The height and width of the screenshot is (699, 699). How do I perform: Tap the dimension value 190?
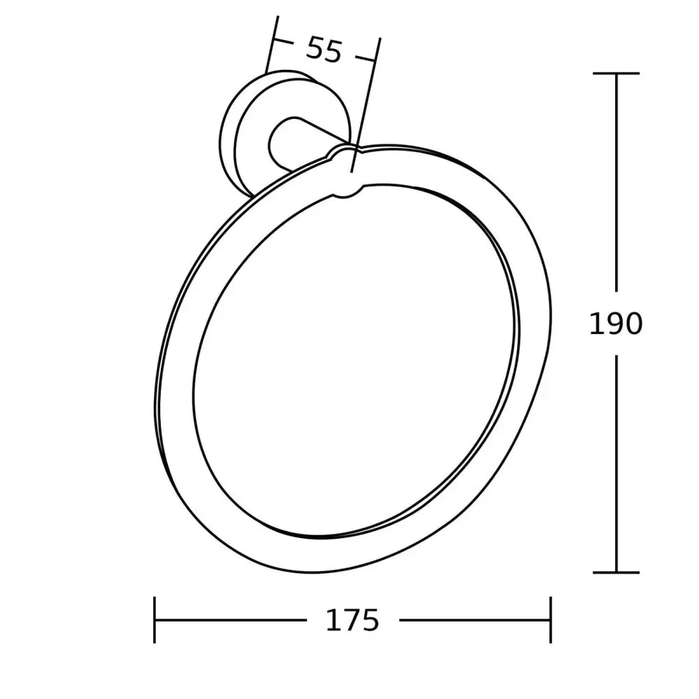tap(615, 324)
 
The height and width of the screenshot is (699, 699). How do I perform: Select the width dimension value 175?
tap(352, 619)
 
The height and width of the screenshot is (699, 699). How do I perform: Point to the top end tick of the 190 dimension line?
tap(616, 73)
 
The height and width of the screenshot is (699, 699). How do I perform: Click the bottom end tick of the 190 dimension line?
tap(616, 572)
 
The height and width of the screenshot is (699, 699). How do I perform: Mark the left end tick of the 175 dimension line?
tap(154, 619)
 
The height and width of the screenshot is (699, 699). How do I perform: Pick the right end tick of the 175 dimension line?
tap(551, 619)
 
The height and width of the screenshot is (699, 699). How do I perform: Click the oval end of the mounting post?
tap(283, 143)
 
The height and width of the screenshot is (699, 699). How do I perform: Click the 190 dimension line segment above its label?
tap(616, 182)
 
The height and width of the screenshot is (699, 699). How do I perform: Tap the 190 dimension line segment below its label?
tap(616, 461)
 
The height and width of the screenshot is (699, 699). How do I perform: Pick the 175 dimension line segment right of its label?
tap(475, 619)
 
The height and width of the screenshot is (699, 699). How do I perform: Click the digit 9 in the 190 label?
tap(615, 324)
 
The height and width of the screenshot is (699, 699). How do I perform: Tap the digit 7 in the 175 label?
tap(352, 619)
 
